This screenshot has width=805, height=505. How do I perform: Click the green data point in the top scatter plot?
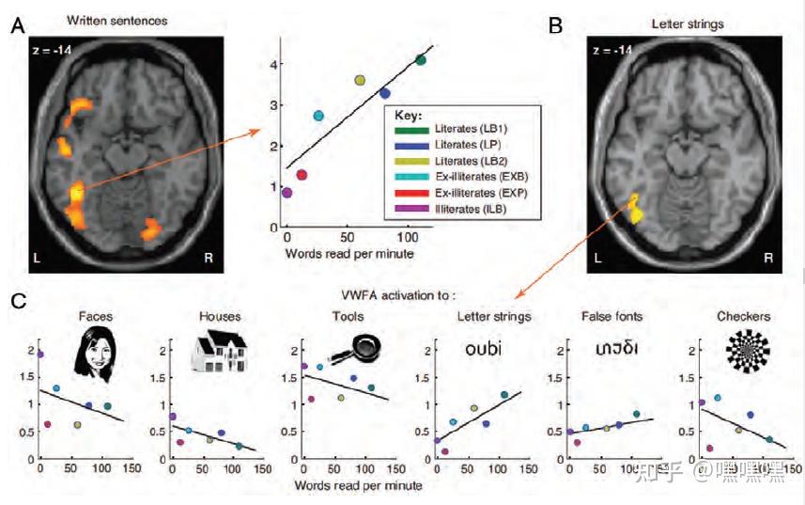pos(420,60)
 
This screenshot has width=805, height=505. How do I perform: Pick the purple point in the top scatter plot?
pos(286,193)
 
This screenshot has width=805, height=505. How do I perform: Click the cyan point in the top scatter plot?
pos(318,116)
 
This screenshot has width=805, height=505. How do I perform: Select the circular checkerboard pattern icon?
pos(748,352)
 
